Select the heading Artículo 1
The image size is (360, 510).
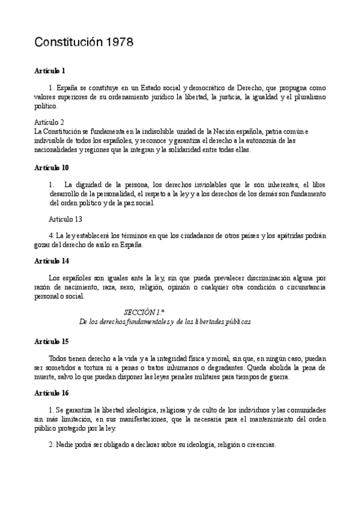pos(50,71)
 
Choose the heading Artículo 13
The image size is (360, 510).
pos(65,219)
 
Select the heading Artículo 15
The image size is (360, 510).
pos(52,341)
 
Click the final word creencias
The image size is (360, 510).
pos(260,445)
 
